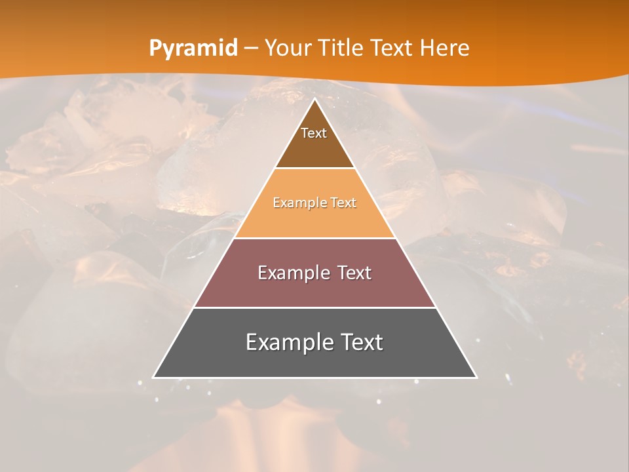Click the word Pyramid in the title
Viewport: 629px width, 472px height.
point(193,49)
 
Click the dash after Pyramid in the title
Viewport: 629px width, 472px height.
point(251,49)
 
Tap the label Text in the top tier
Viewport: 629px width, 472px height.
point(314,133)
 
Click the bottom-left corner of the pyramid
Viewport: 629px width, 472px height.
point(155,377)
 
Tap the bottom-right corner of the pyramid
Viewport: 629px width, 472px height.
point(476,377)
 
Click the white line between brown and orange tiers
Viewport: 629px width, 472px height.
point(314,168)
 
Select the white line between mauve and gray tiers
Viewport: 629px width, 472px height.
point(314,307)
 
